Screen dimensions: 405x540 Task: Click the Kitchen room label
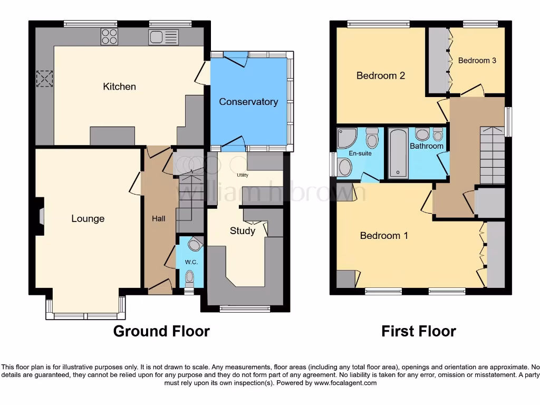[x=119, y=86]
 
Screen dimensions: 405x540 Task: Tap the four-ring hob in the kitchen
[x=109, y=36]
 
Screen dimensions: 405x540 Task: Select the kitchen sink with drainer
[x=163, y=37]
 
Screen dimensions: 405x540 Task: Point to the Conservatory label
[x=248, y=102]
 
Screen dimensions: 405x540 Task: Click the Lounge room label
[x=88, y=218]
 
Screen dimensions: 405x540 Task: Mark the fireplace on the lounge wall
[x=41, y=216]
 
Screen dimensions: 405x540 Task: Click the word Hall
[x=159, y=218]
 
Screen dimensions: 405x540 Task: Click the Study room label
[x=243, y=230]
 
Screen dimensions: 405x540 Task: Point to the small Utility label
[x=243, y=175]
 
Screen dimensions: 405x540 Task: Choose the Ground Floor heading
[x=161, y=331]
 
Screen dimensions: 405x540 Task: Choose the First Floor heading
[x=419, y=331]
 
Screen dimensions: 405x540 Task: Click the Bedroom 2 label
[x=381, y=75]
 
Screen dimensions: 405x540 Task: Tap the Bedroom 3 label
[x=477, y=61]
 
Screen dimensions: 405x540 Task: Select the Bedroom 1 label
[x=384, y=235]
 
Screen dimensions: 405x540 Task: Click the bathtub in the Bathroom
[x=398, y=153]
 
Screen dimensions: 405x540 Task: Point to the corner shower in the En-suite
[x=346, y=139]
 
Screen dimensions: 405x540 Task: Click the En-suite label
[x=361, y=153]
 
